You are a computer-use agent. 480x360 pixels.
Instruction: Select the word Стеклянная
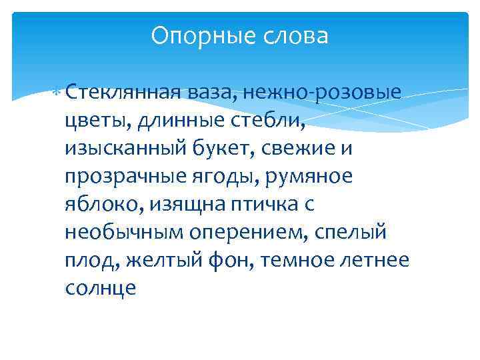[x=124, y=91]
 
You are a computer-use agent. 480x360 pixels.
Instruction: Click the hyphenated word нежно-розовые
[x=326, y=92]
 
